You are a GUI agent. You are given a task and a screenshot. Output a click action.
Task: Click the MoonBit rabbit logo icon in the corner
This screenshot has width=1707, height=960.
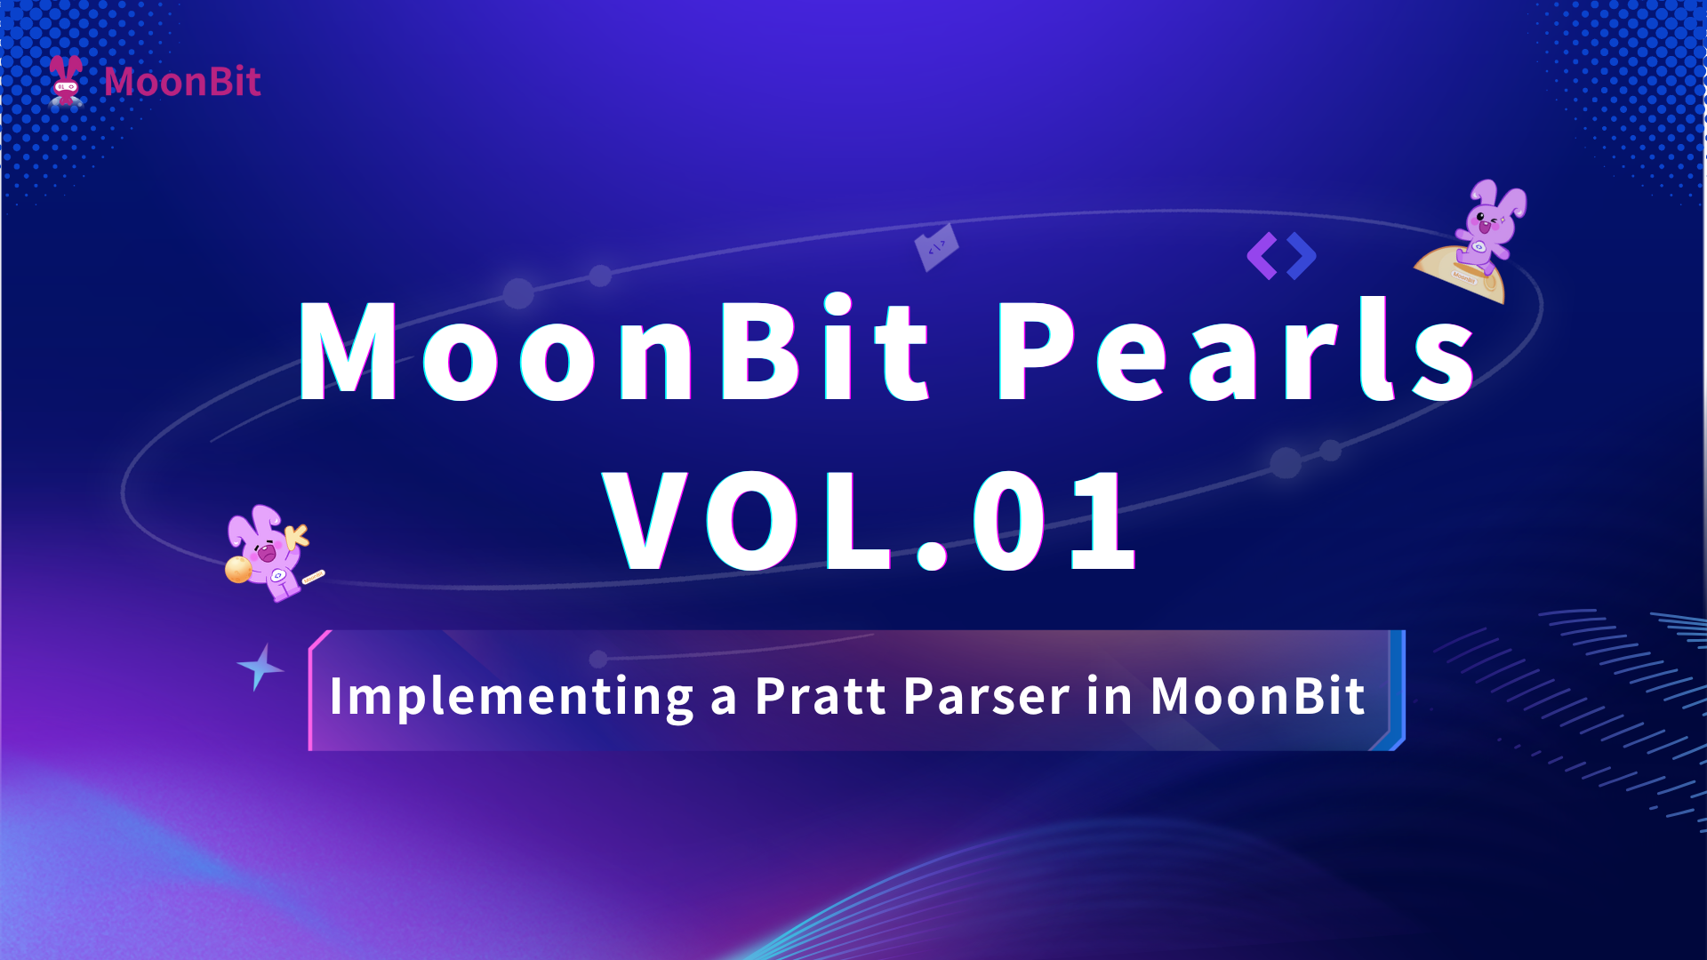pyautogui.click(x=66, y=81)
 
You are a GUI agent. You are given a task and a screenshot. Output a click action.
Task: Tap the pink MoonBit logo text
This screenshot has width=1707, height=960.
pyautogui.click(x=182, y=82)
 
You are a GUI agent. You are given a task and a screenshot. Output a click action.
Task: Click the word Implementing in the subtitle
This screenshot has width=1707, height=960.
pyautogui.click(x=511, y=697)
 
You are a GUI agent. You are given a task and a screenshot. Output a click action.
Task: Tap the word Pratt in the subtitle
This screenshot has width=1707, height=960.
pyautogui.click(x=820, y=695)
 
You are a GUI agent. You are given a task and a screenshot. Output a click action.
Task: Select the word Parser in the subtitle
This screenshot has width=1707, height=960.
pyautogui.click(x=986, y=695)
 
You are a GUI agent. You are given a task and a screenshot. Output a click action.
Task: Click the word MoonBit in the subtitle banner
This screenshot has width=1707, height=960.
pyautogui.click(x=1257, y=695)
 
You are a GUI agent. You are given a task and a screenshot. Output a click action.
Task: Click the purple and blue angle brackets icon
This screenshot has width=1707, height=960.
pyautogui.click(x=1281, y=256)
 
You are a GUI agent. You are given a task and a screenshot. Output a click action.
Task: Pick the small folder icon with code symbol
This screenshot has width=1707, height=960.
pyautogui.click(x=937, y=247)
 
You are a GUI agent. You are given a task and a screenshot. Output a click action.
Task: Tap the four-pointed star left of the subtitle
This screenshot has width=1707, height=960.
pyautogui.click(x=260, y=667)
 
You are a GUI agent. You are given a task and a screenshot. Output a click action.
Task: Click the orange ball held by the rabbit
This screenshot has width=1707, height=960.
pyautogui.click(x=238, y=569)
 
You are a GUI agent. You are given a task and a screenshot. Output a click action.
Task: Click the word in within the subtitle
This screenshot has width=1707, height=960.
pyautogui.click(x=1109, y=695)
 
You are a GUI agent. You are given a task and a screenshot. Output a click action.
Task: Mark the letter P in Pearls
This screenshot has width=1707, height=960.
pyautogui.click(x=1034, y=349)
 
